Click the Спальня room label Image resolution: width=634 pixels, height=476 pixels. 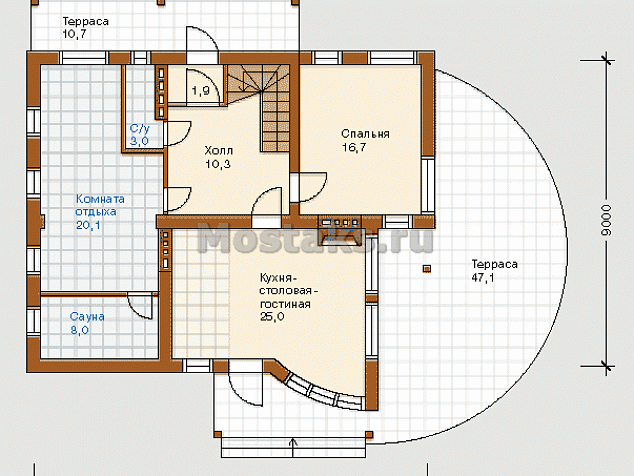[365, 134]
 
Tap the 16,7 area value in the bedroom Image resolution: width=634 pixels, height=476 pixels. [354, 147]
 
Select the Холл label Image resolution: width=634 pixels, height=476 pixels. [219, 151]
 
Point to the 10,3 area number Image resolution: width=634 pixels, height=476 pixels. [218, 164]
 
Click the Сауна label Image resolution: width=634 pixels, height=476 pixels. [87, 317]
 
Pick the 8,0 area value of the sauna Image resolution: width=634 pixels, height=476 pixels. [80, 330]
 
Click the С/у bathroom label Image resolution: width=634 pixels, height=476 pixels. [139, 129]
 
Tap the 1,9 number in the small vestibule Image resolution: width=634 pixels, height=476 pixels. [201, 91]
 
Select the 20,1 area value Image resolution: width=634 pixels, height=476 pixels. [88, 225]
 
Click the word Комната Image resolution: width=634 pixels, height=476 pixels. [100, 199]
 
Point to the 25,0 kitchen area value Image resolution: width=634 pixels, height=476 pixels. [272, 317]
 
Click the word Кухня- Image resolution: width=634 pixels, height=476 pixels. [279, 278]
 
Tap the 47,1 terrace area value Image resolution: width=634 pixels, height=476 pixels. [483, 278]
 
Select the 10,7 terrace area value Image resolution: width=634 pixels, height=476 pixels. [74, 34]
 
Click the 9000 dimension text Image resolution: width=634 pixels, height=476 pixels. [606, 221]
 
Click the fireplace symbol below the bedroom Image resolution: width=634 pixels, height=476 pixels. [340, 231]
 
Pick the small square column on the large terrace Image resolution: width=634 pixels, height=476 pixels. [427, 269]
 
